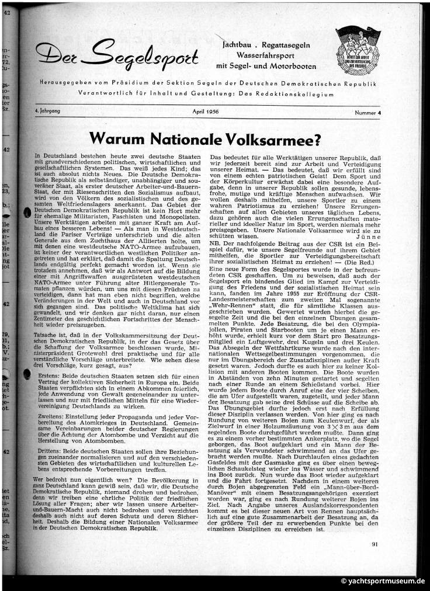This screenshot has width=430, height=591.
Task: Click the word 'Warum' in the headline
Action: (x=120, y=140)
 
